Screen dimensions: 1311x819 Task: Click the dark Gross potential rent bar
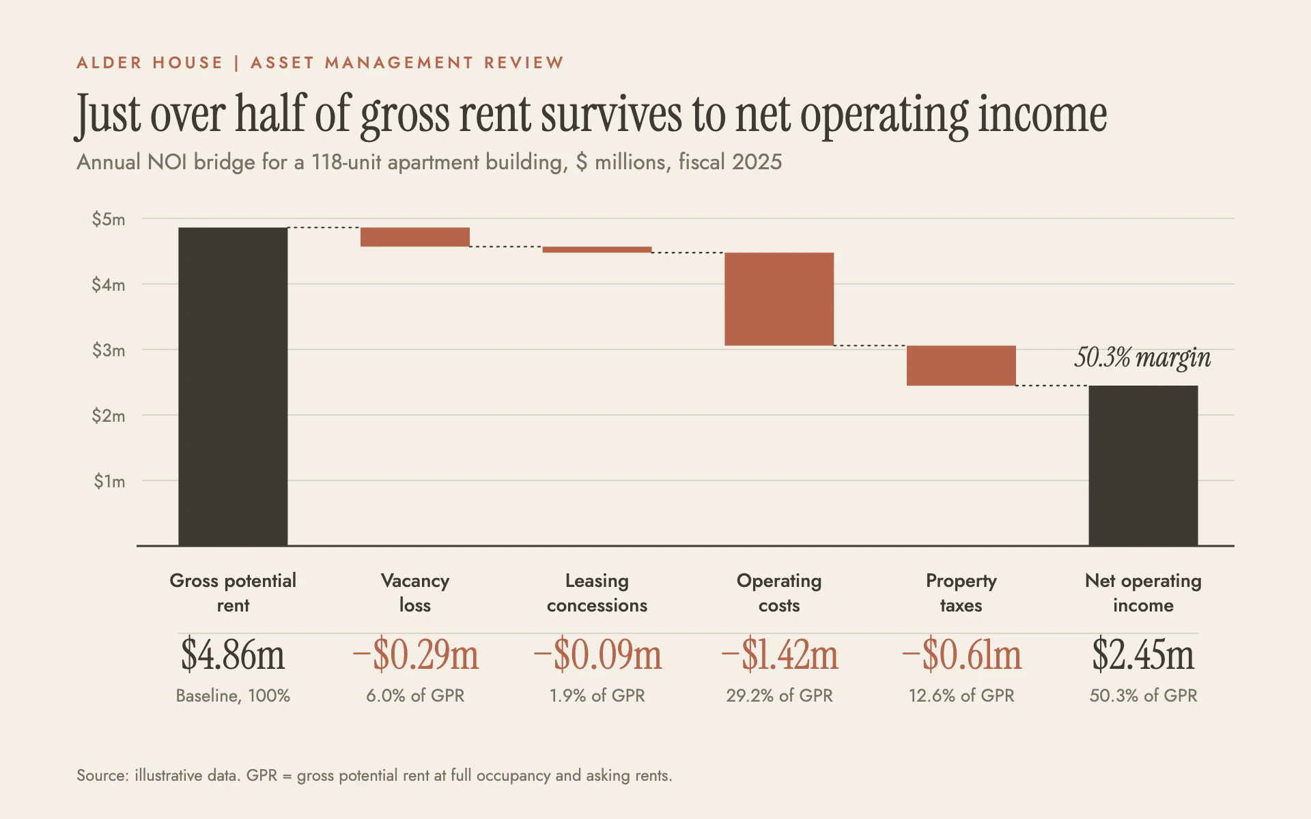pos(233,386)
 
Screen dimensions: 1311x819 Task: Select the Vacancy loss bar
pos(415,237)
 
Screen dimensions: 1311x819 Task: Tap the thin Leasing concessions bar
pos(597,250)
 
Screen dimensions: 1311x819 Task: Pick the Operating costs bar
pos(779,299)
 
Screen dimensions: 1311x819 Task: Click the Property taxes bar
pos(961,366)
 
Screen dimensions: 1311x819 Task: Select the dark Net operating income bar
pos(1143,465)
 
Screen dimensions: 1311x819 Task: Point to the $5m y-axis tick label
pos(109,219)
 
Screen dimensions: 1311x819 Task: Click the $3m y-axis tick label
pos(109,350)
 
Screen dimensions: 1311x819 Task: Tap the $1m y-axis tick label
pos(109,481)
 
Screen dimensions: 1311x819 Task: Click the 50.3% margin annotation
pos(1142,358)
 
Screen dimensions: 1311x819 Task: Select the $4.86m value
pos(233,655)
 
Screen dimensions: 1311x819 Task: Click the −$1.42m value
pos(779,655)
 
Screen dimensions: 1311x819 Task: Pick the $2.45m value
pos(1143,655)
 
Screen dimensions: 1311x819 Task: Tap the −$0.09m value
pos(597,655)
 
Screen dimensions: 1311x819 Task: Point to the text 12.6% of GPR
pos(961,695)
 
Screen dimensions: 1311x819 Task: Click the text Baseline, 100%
pos(233,695)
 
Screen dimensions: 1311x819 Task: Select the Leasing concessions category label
pos(597,592)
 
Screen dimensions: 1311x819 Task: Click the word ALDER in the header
pos(109,63)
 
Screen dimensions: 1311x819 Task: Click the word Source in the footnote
pos(102,775)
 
